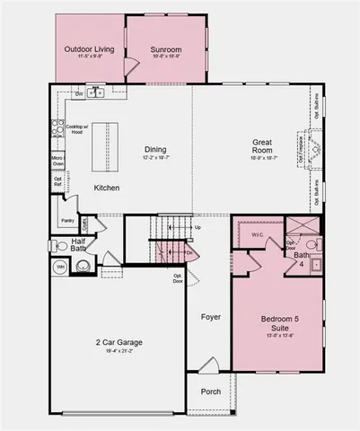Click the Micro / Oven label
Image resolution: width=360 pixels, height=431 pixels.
[57, 162]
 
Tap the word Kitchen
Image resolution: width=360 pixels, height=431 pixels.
[107, 188]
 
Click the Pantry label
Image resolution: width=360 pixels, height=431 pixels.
[66, 220]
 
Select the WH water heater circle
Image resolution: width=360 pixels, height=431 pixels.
[61, 267]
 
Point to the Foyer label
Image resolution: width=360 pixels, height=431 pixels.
[210, 316]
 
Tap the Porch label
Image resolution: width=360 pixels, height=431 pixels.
[212, 391]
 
